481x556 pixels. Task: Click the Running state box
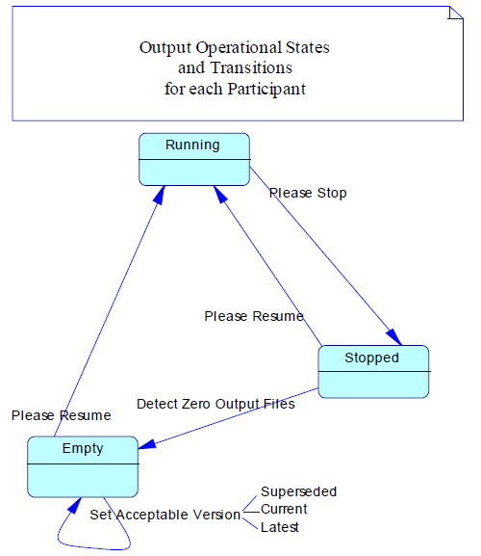point(194,159)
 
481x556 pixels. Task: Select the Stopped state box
point(374,372)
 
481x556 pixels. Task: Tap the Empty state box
point(83,466)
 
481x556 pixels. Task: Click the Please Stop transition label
point(308,194)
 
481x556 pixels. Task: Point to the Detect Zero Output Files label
point(215,404)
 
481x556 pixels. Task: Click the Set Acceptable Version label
point(165,515)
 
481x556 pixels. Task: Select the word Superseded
point(299,491)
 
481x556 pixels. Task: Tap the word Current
point(284,509)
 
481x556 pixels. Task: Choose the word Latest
point(280,527)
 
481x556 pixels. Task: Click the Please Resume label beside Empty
point(62,415)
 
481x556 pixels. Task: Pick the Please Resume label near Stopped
point(254,316)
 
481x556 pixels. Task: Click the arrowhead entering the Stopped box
point(394,337)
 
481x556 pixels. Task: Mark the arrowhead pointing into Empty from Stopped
point(147,444)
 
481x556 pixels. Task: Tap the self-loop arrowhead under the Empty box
point(75,506)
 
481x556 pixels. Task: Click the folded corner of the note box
point(456,13)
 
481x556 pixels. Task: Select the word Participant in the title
point(266,89)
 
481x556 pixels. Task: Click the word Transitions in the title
point(251,67)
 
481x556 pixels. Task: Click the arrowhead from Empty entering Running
point(160,195)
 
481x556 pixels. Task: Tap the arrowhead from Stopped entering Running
point(220,195)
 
